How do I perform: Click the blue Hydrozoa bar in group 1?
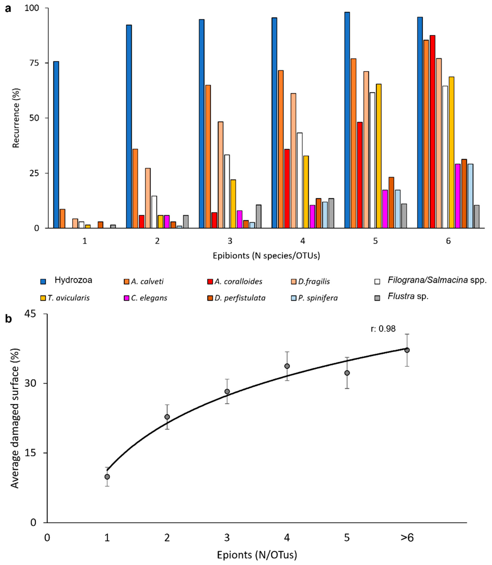[x=56, y=145]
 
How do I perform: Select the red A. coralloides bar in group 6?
[x=432, y=132]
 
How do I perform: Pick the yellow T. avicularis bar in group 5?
[x=379, y=156]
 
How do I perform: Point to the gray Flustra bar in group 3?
[x=259, y=216]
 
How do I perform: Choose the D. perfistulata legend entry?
[x=236, y=298]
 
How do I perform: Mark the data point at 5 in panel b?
[x=347, y=373]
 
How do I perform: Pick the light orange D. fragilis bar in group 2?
[x=148, y=198]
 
